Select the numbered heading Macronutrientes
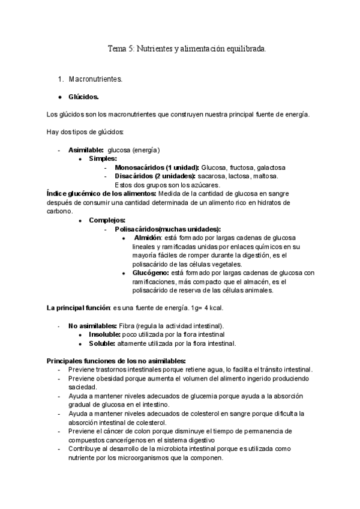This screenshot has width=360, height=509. pyautogui.click(x=95, y=79)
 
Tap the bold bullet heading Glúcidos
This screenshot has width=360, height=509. pyautogui.click(x=84, y=97)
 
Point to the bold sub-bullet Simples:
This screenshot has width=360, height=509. pyautogui.click(x=103, y=158)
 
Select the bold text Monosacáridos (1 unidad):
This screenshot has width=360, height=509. pyautogui.click(x=157, y=167)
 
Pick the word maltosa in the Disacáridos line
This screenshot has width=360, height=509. pyautogui.click(x=266, y=176)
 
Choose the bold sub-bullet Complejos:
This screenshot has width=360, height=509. pyautogui.click(x=107, y=220)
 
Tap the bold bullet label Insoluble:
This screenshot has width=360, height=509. pyautogui.click(x=103, y=334)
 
